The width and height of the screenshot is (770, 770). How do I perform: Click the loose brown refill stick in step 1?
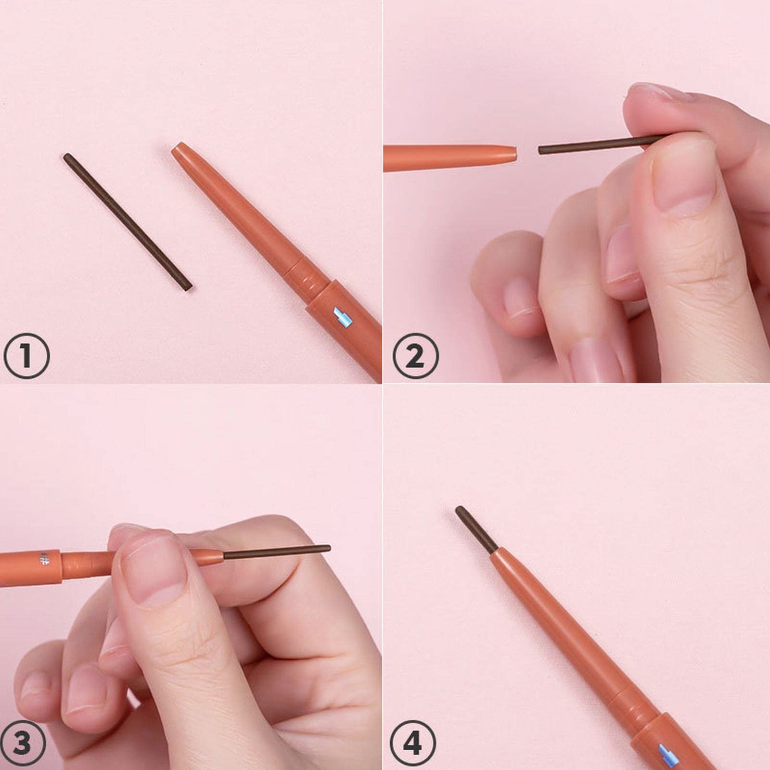[x=128, y=222]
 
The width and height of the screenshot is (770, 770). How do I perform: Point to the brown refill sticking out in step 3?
[x=277, y=552]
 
